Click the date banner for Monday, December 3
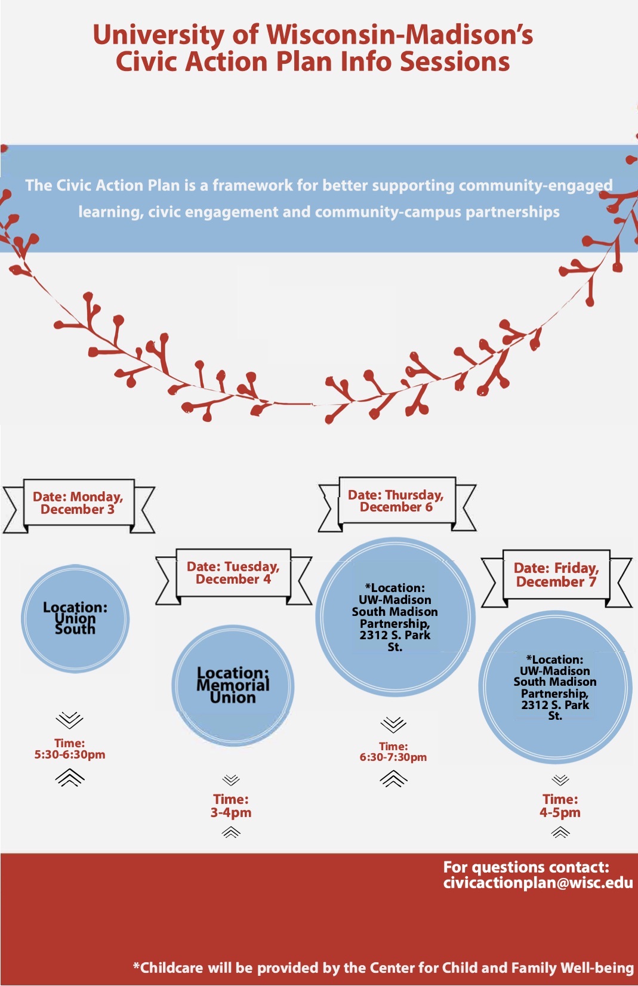(x=79, y=506)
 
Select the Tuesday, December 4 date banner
(x=233, y=576)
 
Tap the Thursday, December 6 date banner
(x=397, y=504)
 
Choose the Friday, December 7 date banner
(x=557, y=578)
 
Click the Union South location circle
(x=75, y=618)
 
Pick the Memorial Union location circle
(x=233, y=685)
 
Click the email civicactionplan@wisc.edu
(x=538, y=883)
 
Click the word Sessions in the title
(x=455, y=61)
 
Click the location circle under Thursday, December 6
(x=395, y=617)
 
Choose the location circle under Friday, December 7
(x=555, y=686)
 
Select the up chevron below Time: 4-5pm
(x=560, y=832)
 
